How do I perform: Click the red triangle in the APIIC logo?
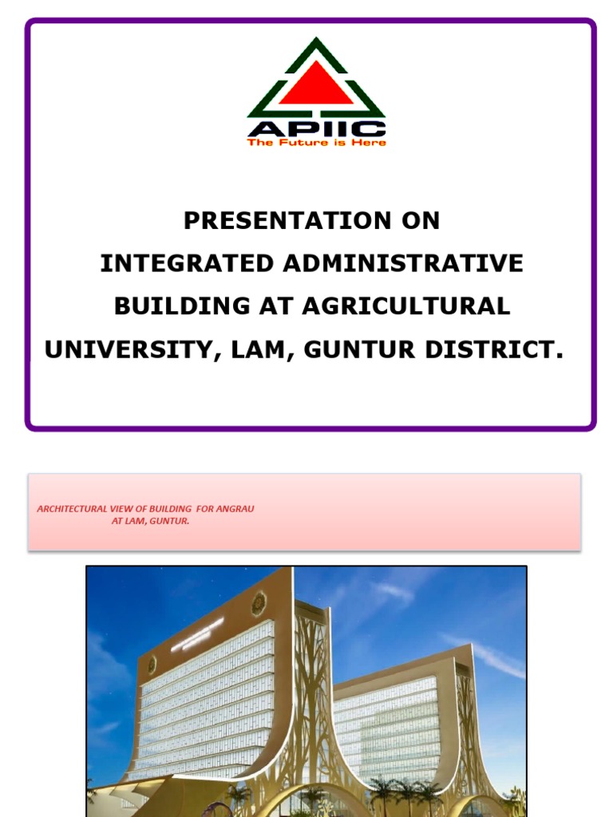click(x=316, y=85)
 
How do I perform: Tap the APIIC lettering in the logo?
click(x=316, y=128)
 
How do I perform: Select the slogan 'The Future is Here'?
click(x=316, y=143)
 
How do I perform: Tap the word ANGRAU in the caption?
click(x=235, y=509)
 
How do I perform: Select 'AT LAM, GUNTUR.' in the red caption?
click(x=151, y=521)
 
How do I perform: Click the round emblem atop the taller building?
click(x=258, y=604)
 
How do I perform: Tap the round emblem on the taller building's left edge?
click(x=150, y=664)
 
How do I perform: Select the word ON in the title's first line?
click(x=420, y=221)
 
